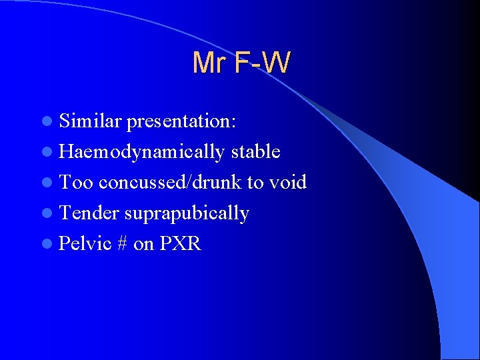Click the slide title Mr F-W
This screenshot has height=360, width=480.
pos(241,63)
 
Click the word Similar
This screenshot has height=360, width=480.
pos(91,121)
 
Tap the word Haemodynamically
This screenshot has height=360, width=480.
pos(141,152)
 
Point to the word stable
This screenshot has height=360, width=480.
pos(255,152)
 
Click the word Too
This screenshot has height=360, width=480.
pos(75,183)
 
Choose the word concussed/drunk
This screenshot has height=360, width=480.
pos(171,183)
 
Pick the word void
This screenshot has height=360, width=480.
pos(287,183)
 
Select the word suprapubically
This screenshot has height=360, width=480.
pos(187,213)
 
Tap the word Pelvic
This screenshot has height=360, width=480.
pos(85,244)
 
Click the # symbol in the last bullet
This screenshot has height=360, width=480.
pos(122,244)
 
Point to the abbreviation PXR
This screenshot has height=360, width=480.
pos(180,244)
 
